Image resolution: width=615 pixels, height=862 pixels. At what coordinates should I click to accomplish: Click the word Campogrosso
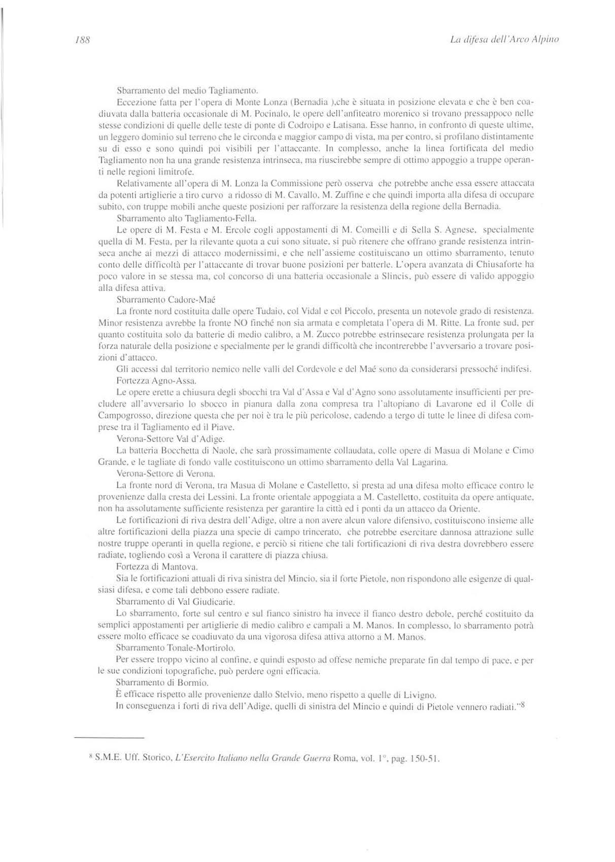coord(121,416)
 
